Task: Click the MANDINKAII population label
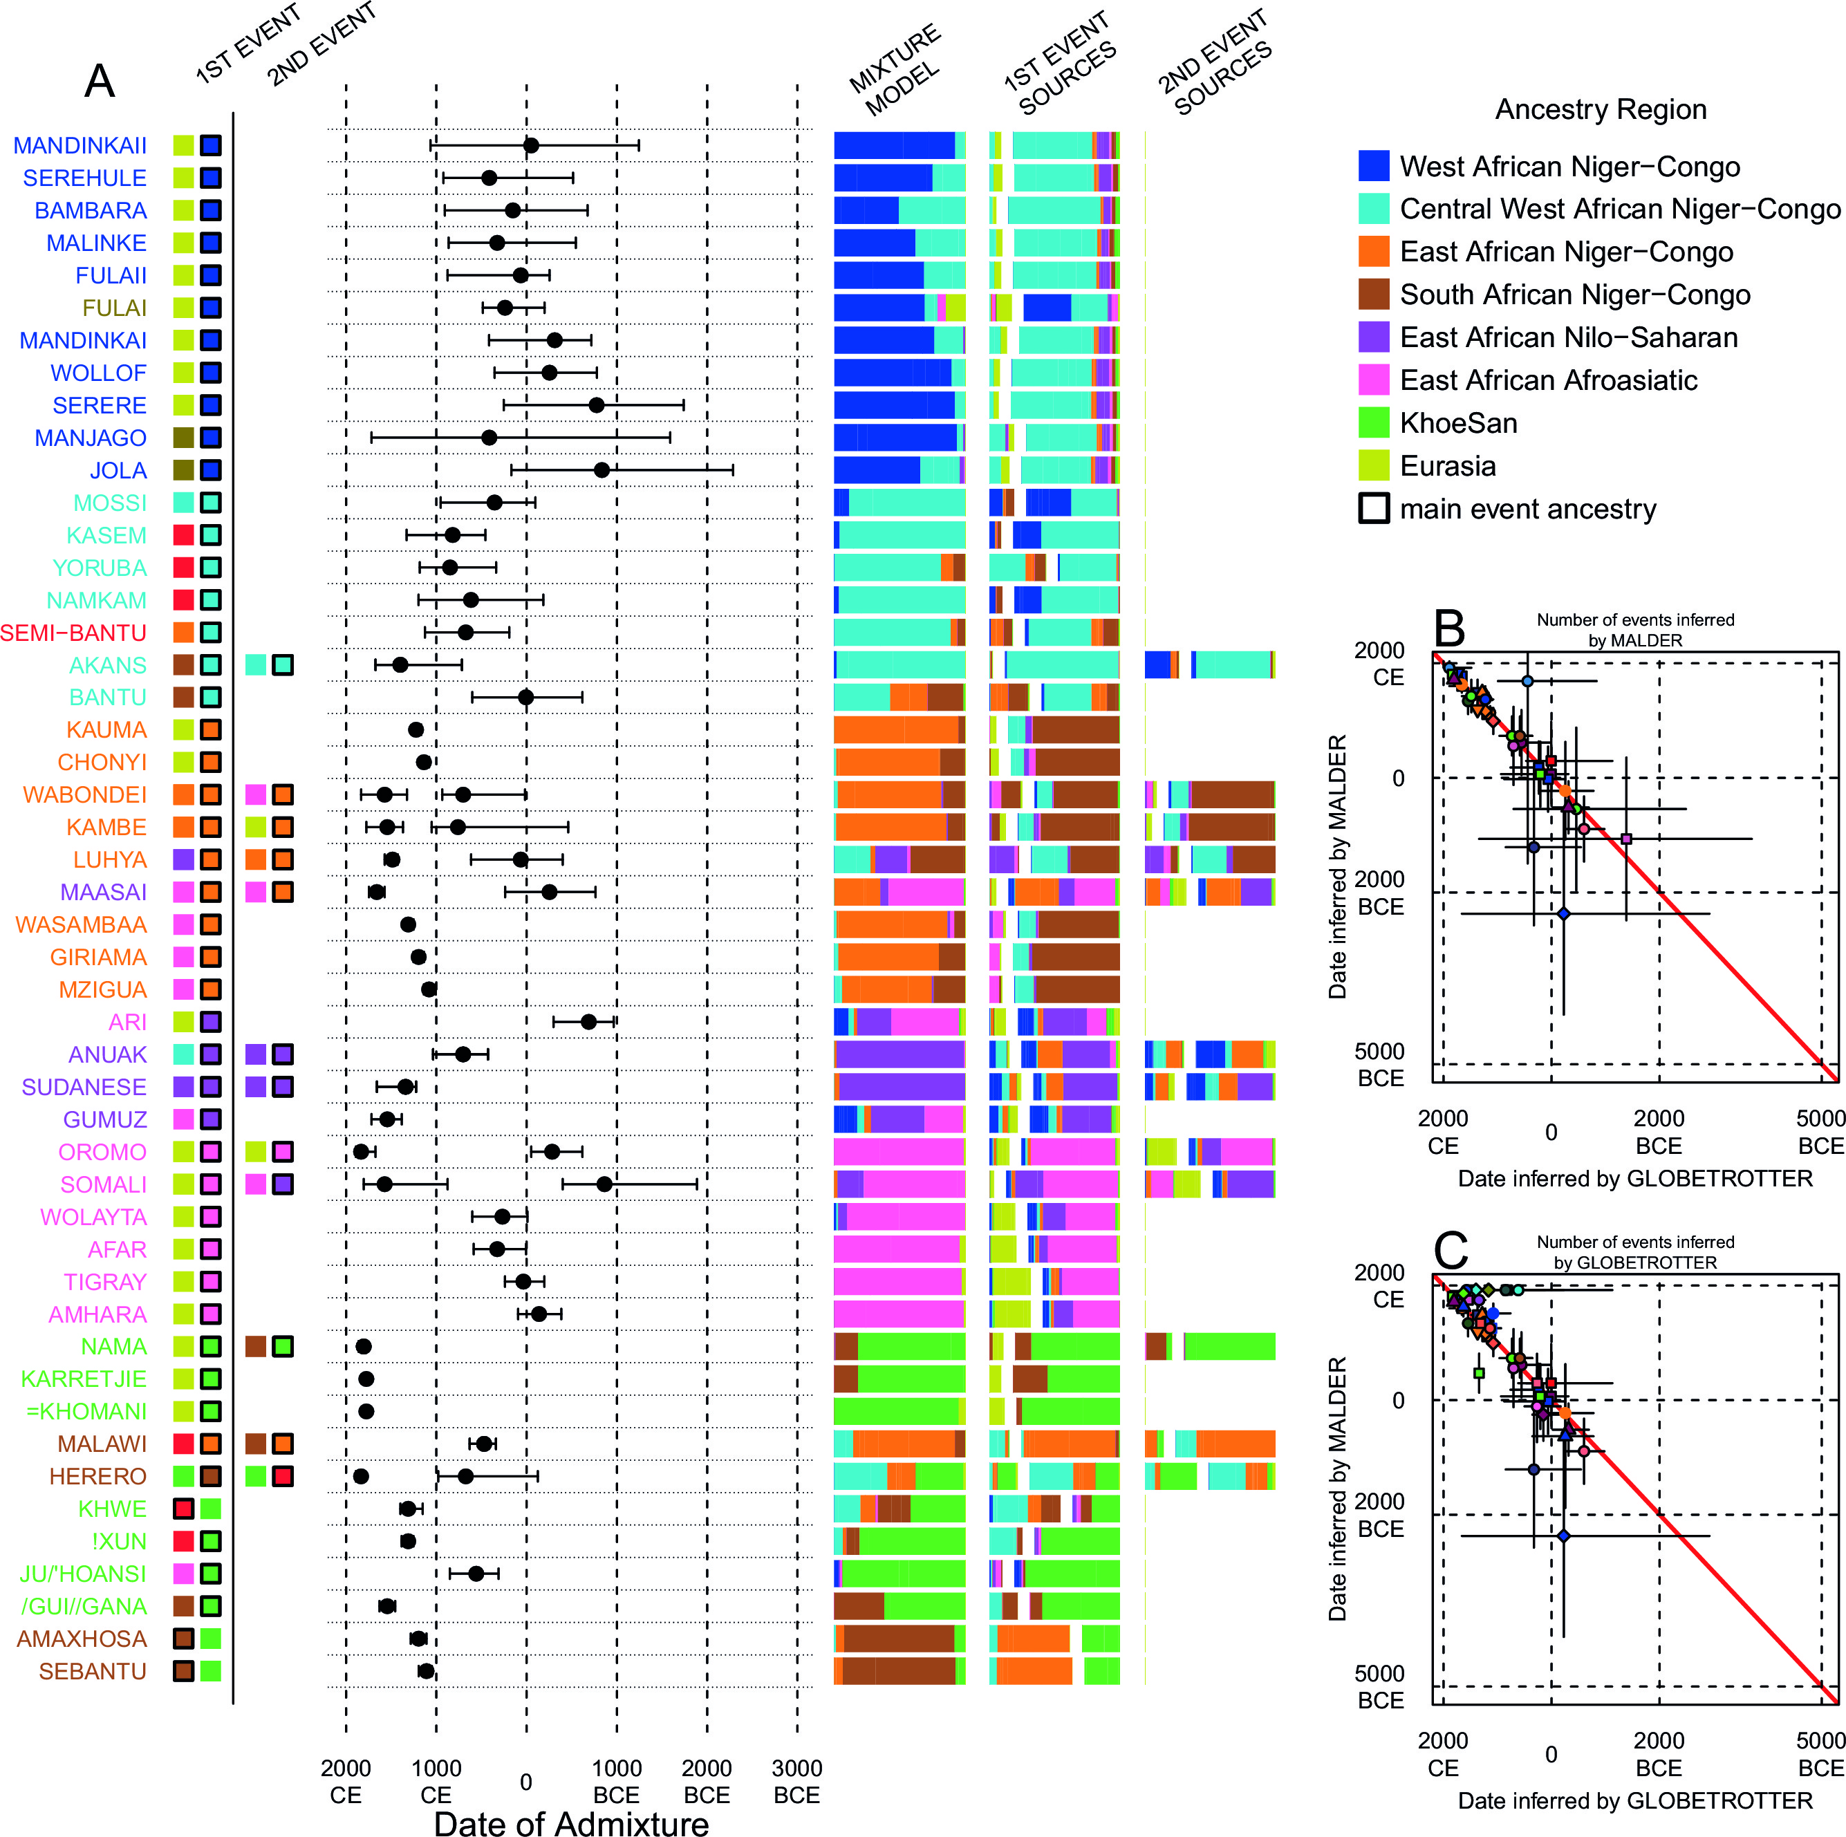pos(80,145)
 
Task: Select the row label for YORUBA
pos(100,568)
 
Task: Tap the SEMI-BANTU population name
pos(73,633)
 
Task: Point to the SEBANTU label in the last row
pos(93,1671)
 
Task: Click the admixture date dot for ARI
pos(588,1022)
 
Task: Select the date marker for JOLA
pos(601,470)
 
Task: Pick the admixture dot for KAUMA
pos(416,730)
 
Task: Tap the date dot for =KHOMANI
pos(366,1411)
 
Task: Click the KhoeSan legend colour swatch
pos(1373,423)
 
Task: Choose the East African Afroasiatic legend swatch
pos(1373,380)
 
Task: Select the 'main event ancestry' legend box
pos(1373,508)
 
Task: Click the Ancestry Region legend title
pos(1601,110)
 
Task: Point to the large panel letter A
pos(100,81)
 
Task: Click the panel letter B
pos(1449,628)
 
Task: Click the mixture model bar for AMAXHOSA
pos(899,1639)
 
